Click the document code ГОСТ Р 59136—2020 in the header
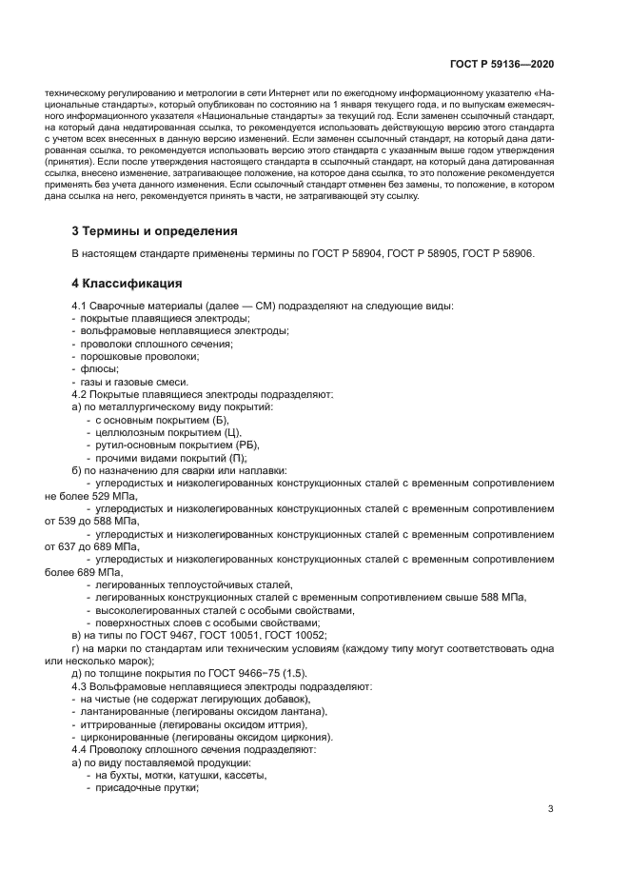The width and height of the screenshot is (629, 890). click(502, 64)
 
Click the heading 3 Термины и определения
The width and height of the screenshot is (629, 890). click(155, 231)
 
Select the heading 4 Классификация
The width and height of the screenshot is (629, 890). click(128, 283)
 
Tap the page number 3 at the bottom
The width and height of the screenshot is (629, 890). click(550, 810)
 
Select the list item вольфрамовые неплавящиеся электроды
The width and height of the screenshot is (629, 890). click(158, 331)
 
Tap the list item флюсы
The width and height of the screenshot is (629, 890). click(92, 368)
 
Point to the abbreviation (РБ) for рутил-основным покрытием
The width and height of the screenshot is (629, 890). click(246, 445)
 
